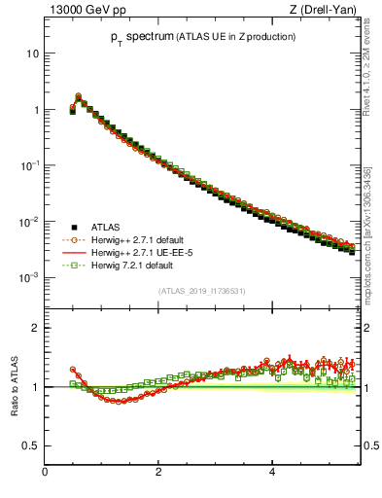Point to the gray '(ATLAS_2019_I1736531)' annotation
tap(200, 291)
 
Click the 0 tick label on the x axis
tap(45, 472)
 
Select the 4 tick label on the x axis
tap(272, 472)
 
